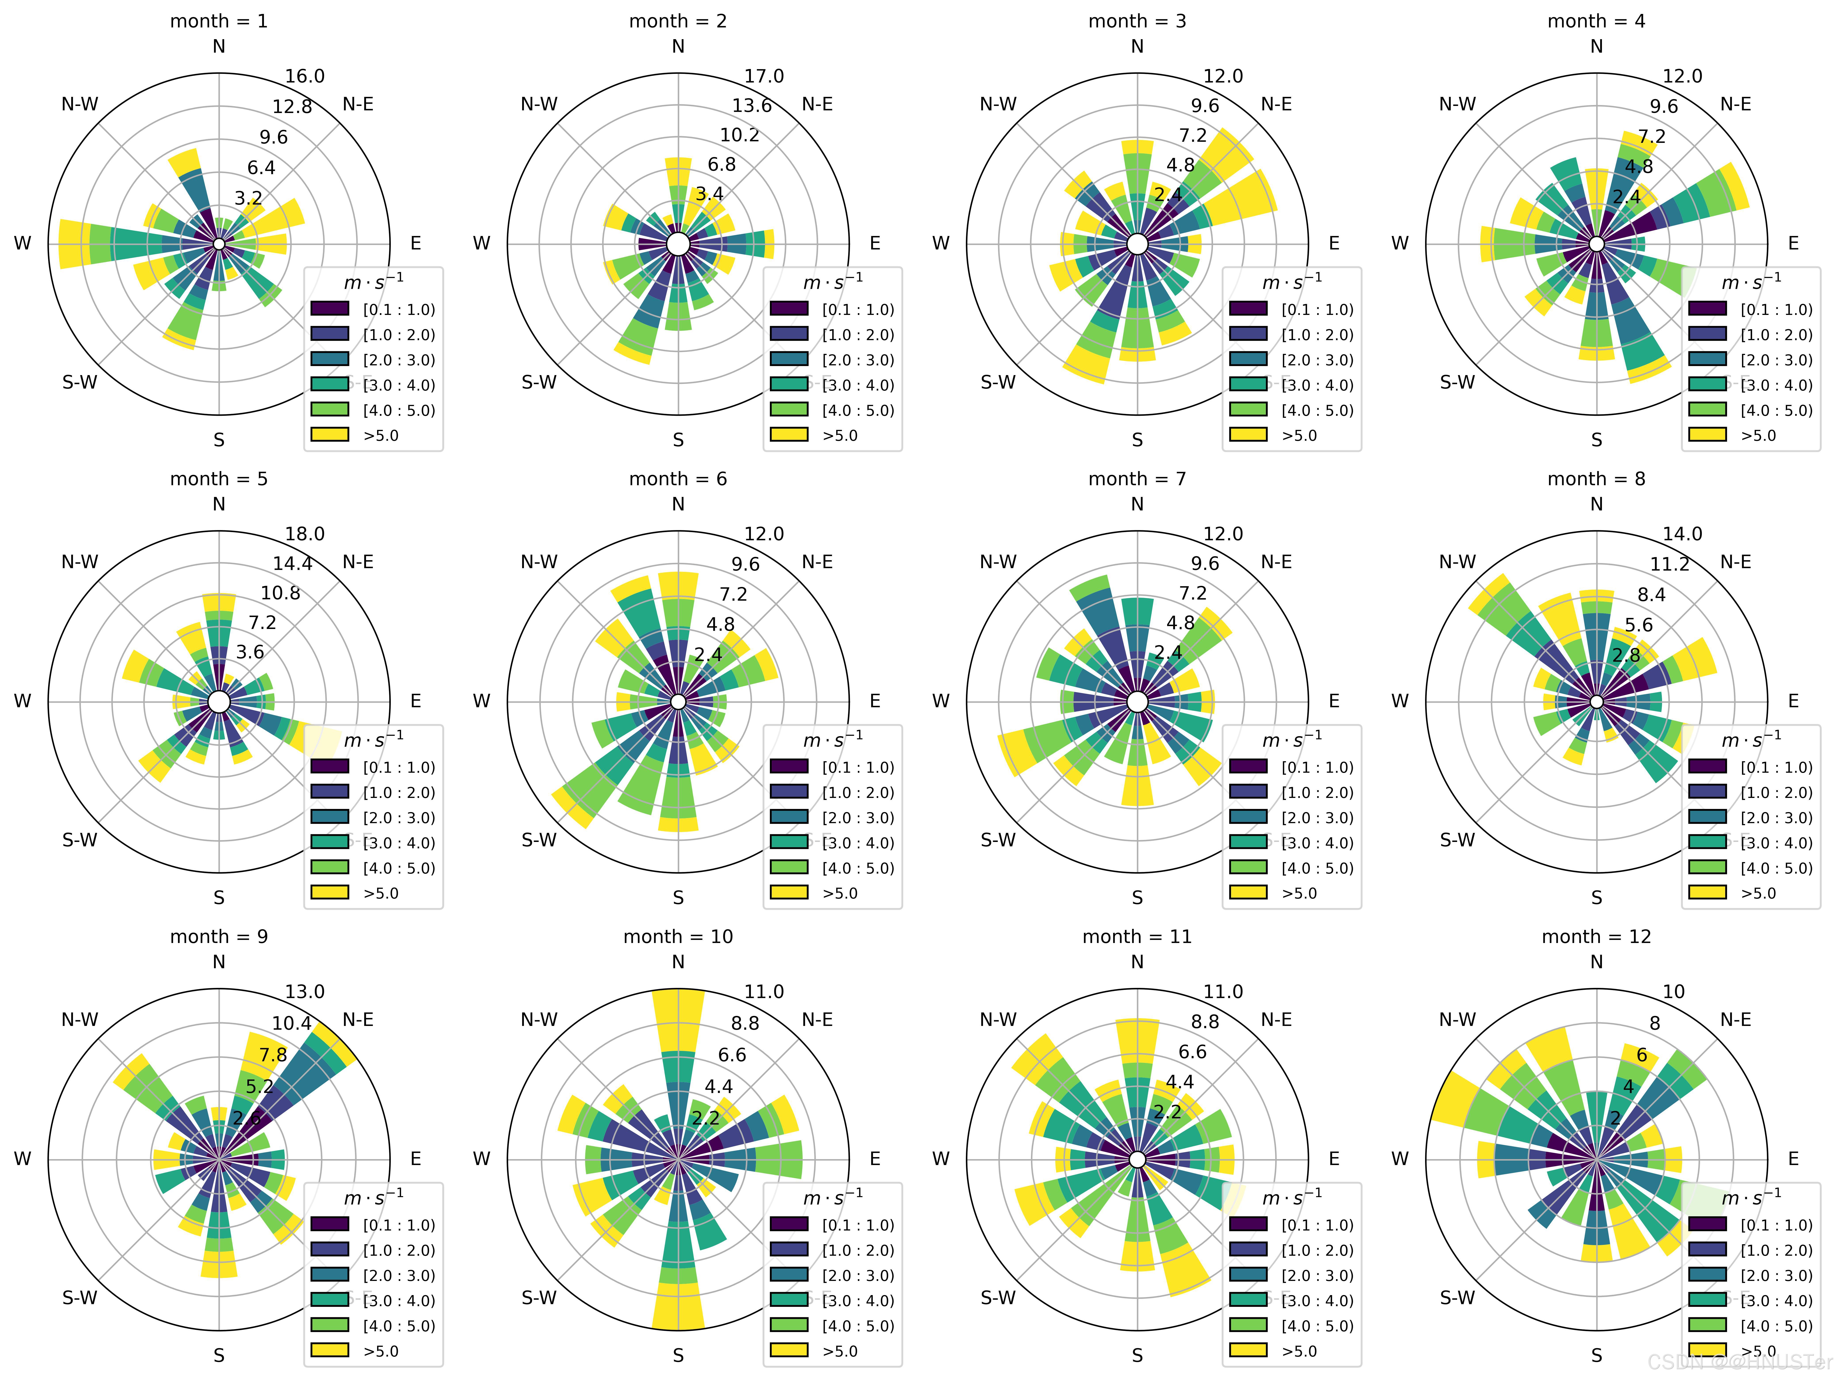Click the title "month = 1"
219,21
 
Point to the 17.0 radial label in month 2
764,76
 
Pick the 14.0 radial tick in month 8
1682,534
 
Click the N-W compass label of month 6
539,562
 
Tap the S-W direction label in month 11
998,1298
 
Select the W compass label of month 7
940,701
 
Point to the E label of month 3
1334,244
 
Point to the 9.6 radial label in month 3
1205,106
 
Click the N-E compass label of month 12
1735,1020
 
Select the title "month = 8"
1596,479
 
